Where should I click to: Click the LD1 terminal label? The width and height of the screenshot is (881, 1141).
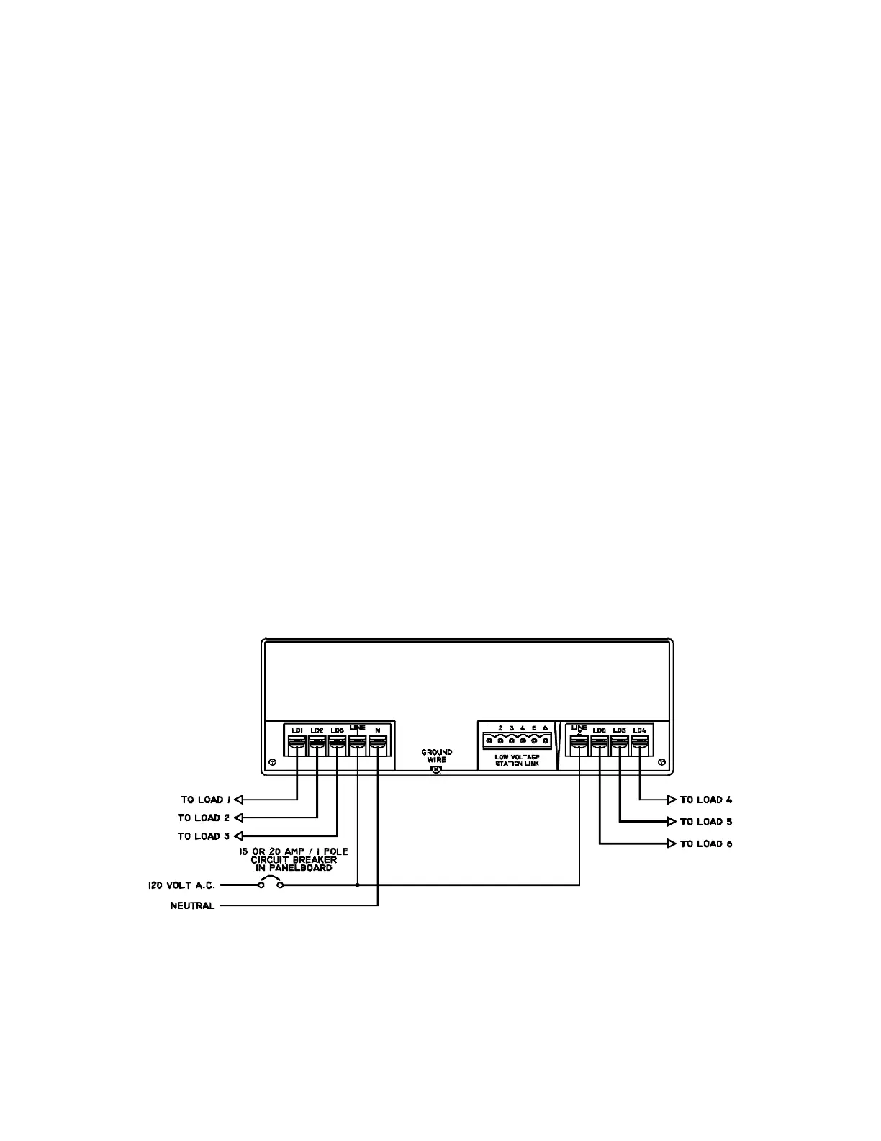297,730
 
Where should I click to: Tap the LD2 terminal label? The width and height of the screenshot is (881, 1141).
317,730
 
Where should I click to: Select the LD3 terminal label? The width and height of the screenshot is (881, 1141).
337,730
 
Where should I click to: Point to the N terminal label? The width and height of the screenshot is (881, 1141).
377,730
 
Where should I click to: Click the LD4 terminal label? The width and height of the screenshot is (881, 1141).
639,730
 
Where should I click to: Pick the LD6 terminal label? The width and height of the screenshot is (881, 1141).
599,730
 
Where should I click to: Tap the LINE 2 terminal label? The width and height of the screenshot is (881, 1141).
579,730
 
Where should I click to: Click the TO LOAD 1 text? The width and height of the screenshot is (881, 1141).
205,800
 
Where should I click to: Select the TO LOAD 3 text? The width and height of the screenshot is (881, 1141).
204,836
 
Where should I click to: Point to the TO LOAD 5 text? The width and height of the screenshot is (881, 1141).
706,822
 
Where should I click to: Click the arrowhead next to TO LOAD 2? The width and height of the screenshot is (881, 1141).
239,818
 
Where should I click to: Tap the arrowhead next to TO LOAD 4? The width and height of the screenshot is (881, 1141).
671,800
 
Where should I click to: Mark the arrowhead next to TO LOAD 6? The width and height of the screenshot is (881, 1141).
671,844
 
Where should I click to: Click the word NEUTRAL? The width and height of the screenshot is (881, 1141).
192,906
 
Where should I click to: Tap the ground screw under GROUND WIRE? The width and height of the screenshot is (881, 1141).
435,770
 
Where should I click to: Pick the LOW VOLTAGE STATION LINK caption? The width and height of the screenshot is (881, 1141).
517,760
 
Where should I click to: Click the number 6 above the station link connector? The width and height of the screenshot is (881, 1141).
545,728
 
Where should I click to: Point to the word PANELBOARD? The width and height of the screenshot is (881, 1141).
294,868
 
